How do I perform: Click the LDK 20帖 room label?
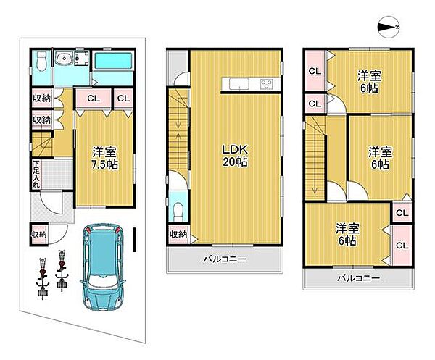[235, 156]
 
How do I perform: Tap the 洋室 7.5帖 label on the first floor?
[105, 158]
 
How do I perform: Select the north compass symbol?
[389, 27]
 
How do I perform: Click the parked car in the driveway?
[103, 267]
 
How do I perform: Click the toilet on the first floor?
[41, 61]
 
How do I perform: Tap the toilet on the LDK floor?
[178, 212]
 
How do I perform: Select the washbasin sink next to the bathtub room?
[64, 59]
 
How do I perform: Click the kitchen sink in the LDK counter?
[239, 84]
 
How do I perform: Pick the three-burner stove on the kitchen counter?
[267, 84]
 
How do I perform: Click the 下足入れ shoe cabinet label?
[36, 175]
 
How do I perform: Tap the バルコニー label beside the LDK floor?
[225, 259]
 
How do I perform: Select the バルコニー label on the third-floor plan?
[358, 278]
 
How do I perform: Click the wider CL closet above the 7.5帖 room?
[94, 99]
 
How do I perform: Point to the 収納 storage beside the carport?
[39, 235]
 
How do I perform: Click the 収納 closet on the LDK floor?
[178, 235]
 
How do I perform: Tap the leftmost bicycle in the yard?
[43, 279]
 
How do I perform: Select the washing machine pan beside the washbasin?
[81, 59]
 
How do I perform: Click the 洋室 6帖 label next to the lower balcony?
[347, 235]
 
